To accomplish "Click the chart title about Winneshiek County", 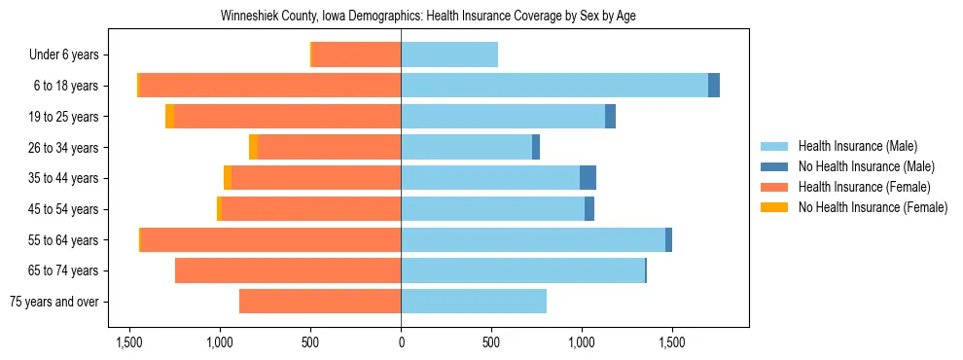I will (x=428, y=17).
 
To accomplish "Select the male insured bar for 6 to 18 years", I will (x=554, y=86).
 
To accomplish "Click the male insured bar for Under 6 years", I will (x=449, y=54).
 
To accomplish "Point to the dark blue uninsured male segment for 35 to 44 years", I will (x=588, y=178).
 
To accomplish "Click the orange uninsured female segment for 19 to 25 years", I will (x=170, y=117).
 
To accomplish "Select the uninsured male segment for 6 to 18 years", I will (x=714, y=86).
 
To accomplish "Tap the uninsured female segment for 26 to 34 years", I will (x=254, y=147).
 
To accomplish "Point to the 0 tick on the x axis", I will (x=401, y=342).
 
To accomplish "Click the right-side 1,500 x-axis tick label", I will (x=672, y=342).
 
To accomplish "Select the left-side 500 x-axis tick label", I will (x=310, y=342).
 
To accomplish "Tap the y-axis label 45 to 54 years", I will (x=63, y=209).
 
